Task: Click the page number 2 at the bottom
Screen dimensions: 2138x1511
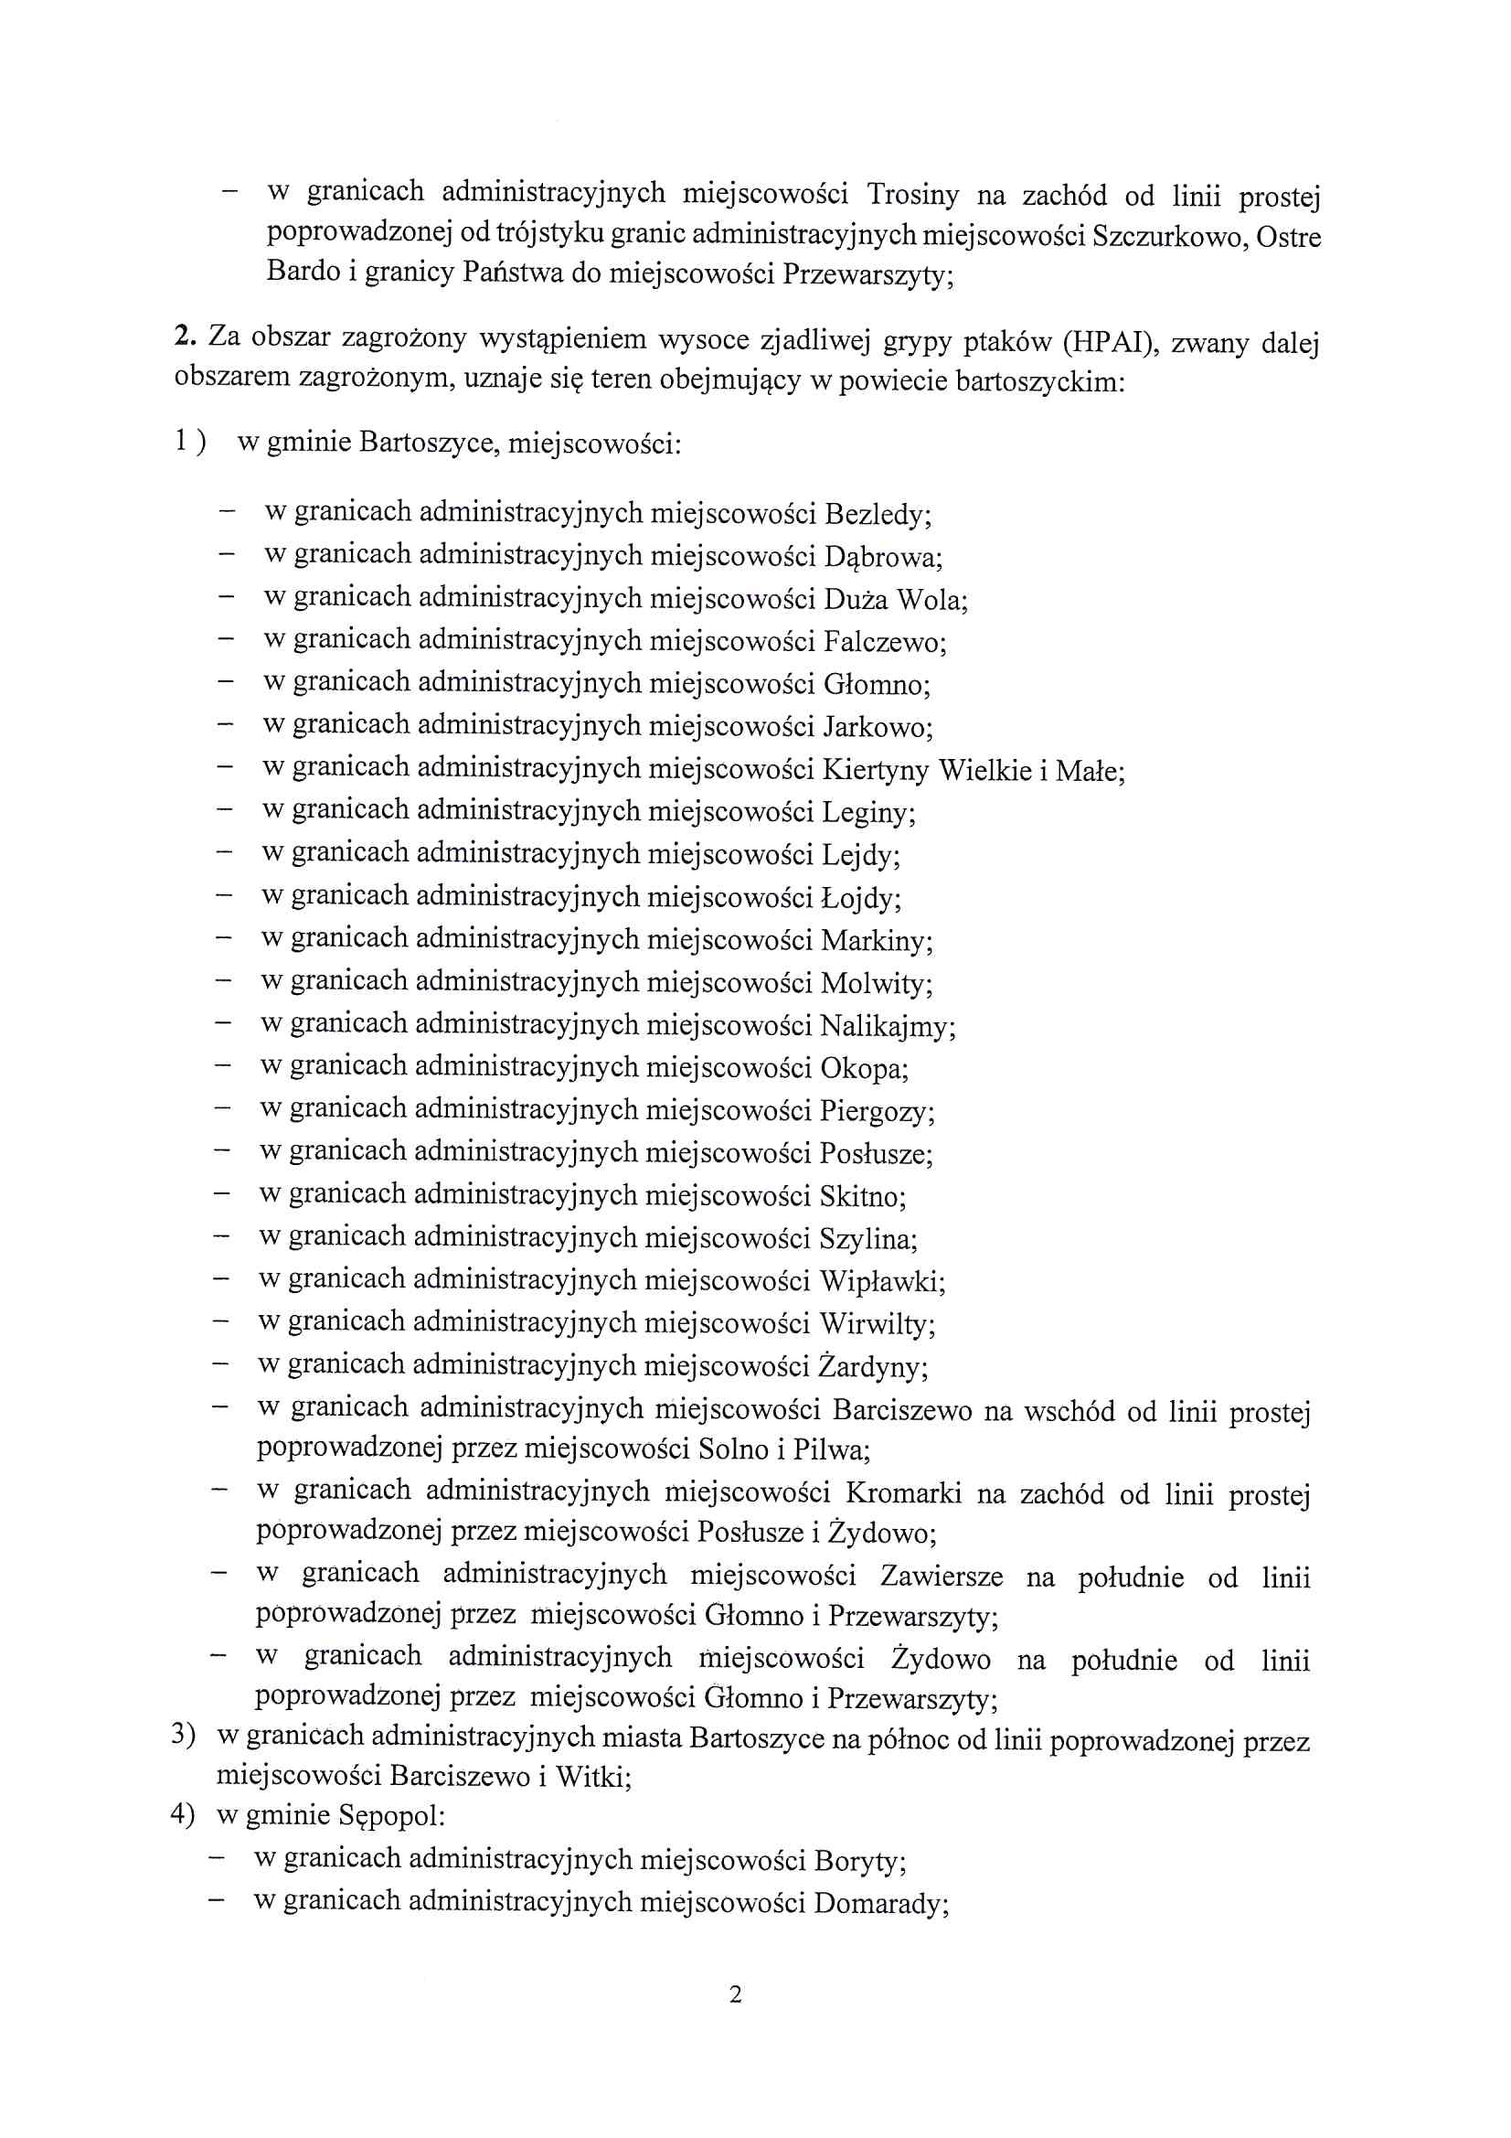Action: coord(736,1994)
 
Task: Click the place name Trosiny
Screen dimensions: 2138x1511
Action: coord(912,195)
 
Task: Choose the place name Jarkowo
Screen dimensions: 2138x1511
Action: coord(877,727)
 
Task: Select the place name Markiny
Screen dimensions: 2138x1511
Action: coord(875,940)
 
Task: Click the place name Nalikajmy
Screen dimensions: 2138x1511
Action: coord(887,1026)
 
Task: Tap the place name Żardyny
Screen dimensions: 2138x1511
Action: coord(872,1367)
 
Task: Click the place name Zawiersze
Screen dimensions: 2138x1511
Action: coord(942,1577)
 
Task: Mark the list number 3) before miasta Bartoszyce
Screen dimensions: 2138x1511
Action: coord(184,1734)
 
